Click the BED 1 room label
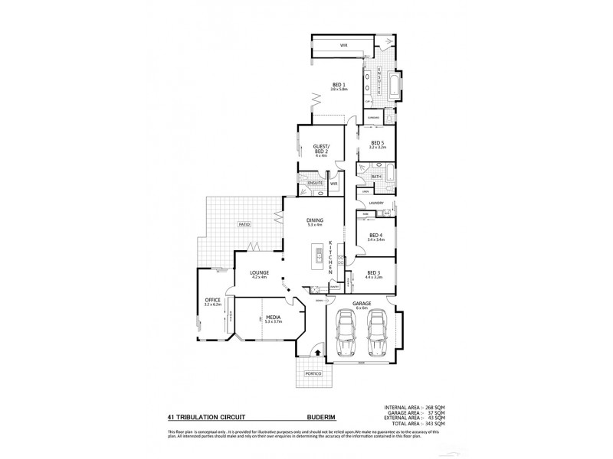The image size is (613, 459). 339,84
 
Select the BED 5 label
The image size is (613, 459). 377,142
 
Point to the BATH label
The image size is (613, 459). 376,177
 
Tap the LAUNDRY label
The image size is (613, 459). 375,203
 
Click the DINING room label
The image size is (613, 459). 314,221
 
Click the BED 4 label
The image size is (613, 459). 375,235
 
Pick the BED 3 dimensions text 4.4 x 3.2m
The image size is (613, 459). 374,278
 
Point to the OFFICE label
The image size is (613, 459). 212,300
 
